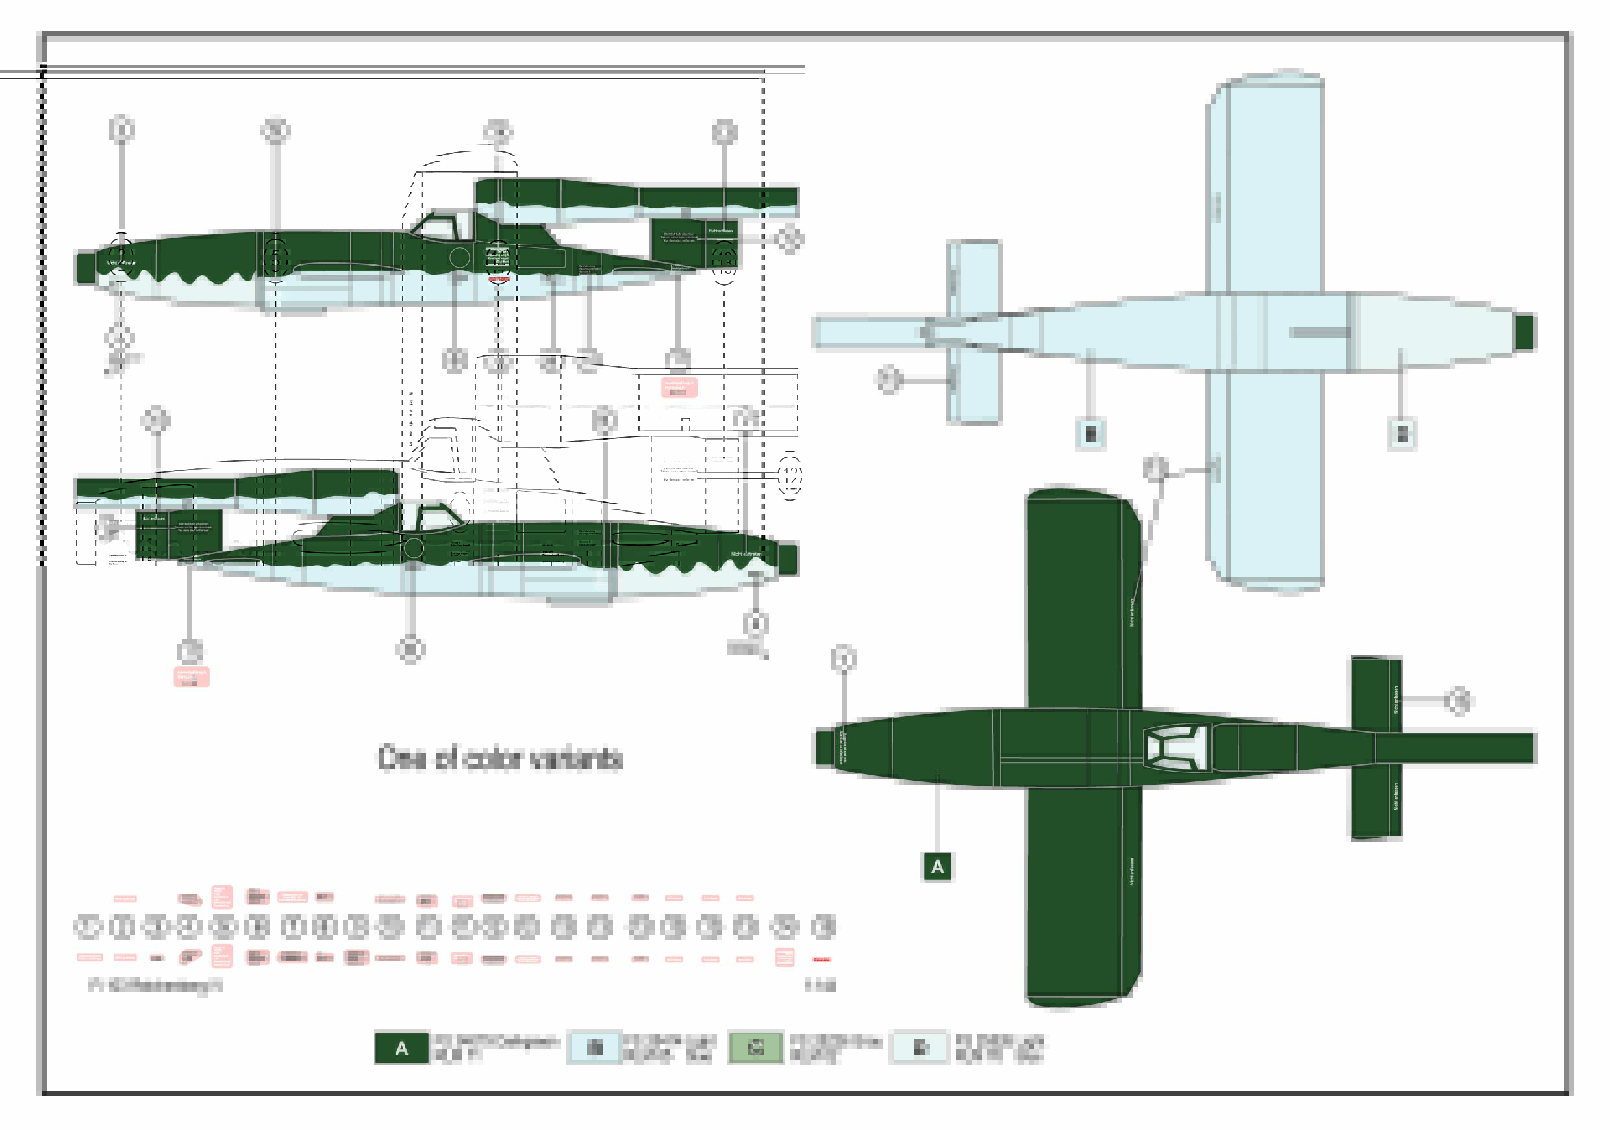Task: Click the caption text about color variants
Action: tap(500, 759)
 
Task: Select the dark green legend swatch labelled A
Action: tap(401, 1048)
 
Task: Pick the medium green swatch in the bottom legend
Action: tap(755, 1048)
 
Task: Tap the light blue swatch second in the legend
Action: tap(595, 1048)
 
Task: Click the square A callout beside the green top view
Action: tap(937, 867)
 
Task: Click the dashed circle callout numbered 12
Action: tap(790, 476)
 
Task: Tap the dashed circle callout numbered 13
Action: tap(723, 262)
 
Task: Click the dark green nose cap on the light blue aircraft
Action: tap(1524, 332)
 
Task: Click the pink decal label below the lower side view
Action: tap(191, 677)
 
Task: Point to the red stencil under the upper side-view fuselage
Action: tap(499, 280)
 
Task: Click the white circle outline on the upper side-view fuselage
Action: tap(459, 257)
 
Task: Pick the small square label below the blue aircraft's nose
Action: tap(1402, 433)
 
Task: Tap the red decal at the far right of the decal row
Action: tap(822, 959)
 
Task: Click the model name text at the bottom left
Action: tap(156, 986)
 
